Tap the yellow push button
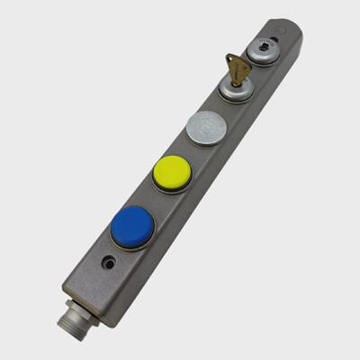tap(171, 170)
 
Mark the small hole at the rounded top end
tap(285, 38)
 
